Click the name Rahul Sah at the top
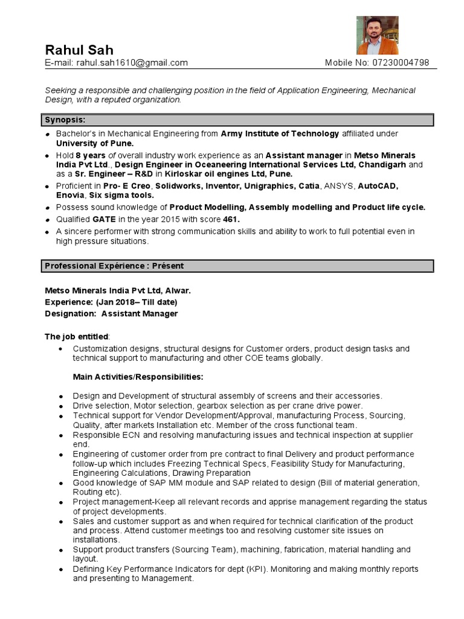pyautogui.click(x=79, y=50)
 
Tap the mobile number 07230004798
pyautogui.click(x=401, y=63)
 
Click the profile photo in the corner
pyautogui.click(x=377, y=35)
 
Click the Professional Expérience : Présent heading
pyautogui.click(x=114, y=266)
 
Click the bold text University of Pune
pyautogui.click(x=95, y=143)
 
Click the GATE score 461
pyautogui.click(x=230, y=219)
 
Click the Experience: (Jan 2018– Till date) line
pyautogui.click(x=111, y=302)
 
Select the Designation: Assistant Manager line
pyautogui.click(x=111, y=314)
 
